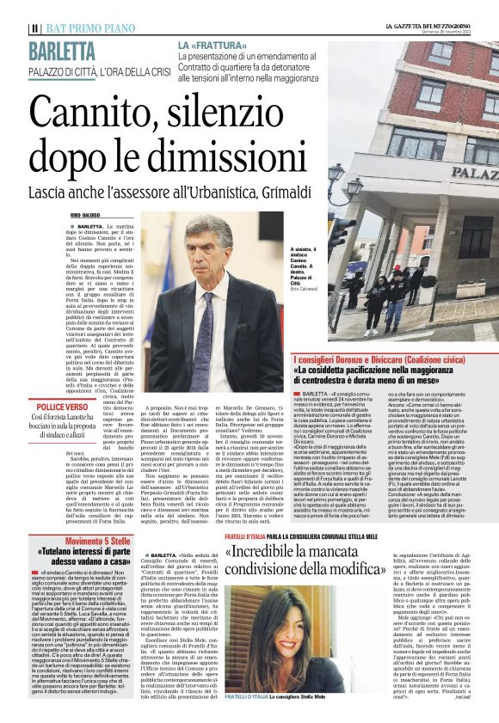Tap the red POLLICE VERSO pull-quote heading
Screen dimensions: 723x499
[x=62, y=406]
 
